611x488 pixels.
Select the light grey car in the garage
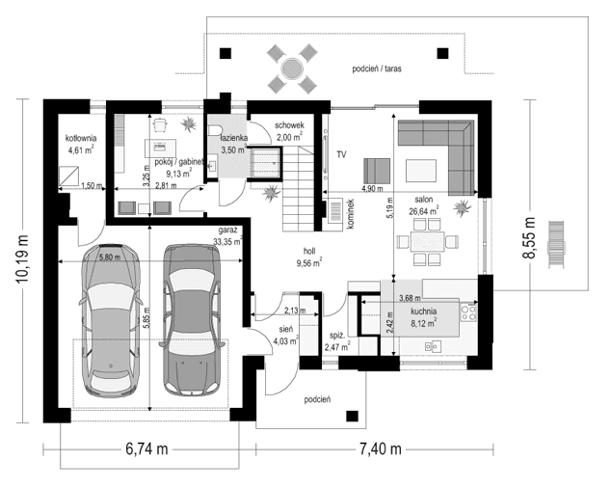click(x=111, y=320)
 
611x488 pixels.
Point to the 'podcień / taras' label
click(x=379, y=69)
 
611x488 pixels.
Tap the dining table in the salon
click(x=424, y=240)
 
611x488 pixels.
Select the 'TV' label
click(x=341, y=154)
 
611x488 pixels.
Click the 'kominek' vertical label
click(x=350, y=213)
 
